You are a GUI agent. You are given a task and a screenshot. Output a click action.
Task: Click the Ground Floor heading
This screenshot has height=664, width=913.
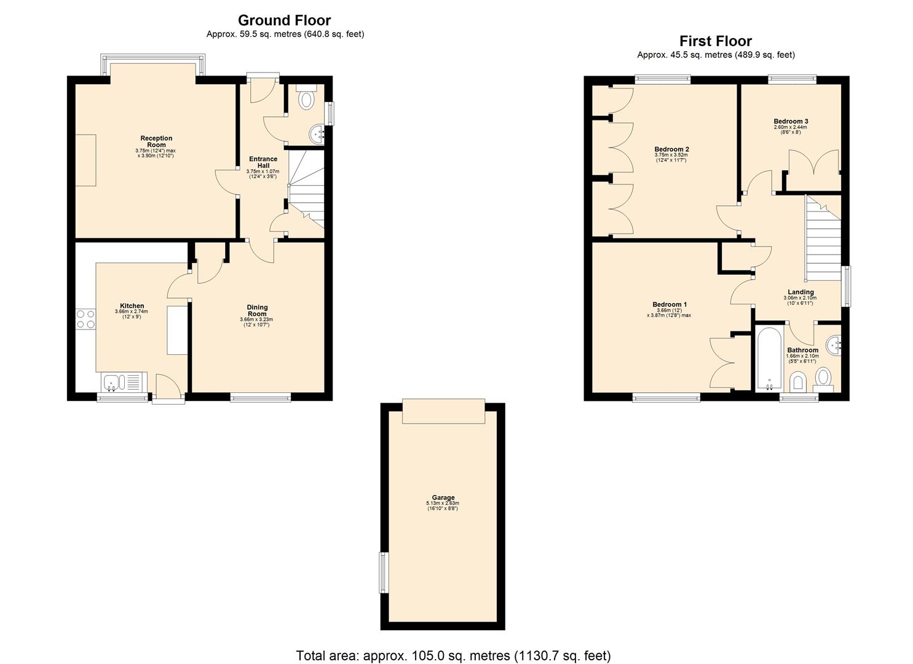coord(284,20)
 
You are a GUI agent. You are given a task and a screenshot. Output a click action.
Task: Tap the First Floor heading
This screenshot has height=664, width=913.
coord(715,41)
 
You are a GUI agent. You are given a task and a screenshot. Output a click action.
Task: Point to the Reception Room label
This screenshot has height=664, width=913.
coord(156,141)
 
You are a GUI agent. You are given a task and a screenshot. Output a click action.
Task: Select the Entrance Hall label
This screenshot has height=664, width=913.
coord(263,162)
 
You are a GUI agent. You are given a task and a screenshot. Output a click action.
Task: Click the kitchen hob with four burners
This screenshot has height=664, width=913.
coord(85,319)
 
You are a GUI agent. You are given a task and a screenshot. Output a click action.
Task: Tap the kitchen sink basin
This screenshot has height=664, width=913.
coord(111,382)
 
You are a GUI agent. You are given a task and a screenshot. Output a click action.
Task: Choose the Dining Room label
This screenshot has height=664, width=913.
coord(257,310)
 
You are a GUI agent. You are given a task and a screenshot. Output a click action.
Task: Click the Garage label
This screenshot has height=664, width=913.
coord(443,497)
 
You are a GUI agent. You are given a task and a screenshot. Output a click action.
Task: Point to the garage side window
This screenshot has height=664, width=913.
coord(384,572)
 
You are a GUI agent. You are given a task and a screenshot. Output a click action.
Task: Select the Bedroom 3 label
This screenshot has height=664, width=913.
coord(791,121)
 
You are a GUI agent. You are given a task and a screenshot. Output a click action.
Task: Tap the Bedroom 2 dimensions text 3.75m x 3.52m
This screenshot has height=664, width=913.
coord(671,155)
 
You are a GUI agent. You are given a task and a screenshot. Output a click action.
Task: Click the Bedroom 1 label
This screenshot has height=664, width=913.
coord(670,304)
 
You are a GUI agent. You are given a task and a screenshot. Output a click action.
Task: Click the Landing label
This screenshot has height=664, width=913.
coord(800,292)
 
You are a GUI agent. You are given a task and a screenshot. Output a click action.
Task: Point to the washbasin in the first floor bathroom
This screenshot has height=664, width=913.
coord(834,346)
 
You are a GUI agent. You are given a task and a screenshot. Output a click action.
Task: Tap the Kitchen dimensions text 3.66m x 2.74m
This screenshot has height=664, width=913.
coord(131,312)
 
